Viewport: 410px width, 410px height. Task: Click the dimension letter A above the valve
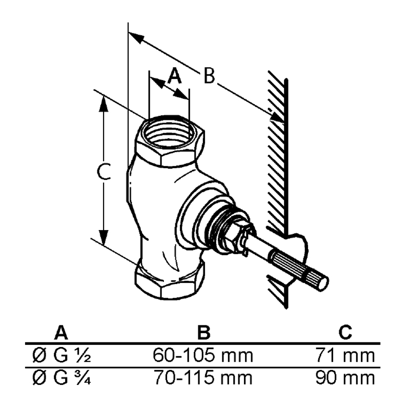coord(174,75)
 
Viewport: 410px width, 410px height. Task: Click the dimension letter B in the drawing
coord(209,76)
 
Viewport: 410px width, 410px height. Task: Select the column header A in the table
coord(61,333)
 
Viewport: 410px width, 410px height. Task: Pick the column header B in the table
coord(204,333)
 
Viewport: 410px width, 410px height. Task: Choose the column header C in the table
coord(345,333)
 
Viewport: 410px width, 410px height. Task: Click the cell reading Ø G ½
coord(61,355)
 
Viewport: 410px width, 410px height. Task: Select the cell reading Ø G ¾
coord(61,378)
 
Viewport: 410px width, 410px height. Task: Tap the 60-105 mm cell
coord(203,355)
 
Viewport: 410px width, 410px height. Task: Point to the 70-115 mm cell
coord(203,378)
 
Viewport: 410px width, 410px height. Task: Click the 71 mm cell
coord(345,355)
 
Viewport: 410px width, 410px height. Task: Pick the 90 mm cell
coord(345,378)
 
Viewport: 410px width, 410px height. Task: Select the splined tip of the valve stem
coord(299,270)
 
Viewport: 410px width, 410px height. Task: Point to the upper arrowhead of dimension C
coord(104,104)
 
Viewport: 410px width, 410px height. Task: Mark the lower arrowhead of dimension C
coord(104,237)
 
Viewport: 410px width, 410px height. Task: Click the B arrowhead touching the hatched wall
coord(277,117)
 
